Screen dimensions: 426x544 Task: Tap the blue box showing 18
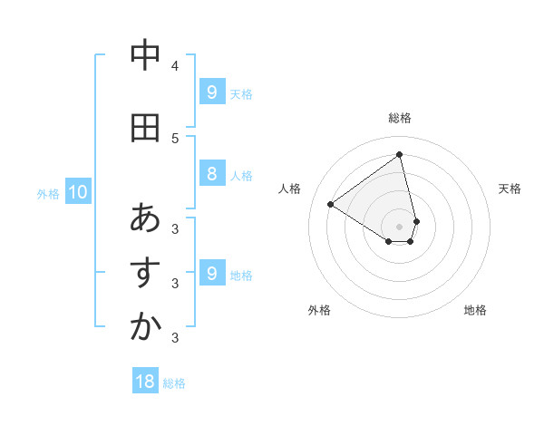pyautogui.click(x=145, y=382)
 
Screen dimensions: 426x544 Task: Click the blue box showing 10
pyautogui.click(x=77, y=191)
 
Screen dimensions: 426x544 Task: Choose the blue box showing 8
pyautogui.click(x=211, y=174)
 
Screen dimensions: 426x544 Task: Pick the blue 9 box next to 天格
pyautogui.click(x=211, y=92)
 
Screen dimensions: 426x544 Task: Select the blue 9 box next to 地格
pyautogui.click(x=211, y=274)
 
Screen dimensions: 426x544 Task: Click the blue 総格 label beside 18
pyautogui.click(x=174, y=383)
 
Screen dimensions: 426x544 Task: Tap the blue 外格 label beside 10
pyautogui.click(x=48, y=193)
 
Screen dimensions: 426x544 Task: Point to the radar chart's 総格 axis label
pyautogui.click(x=400, y=118)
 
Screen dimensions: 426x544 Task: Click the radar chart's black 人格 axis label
pyautogui.click(x=291, y=189)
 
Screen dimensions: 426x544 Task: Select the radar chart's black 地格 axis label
pyautogui.click(x=475, y=310)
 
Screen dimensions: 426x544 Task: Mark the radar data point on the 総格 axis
pyautogui.click(x=400, y=154)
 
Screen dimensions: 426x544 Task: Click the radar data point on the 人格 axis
pyautogui.click(x=331, y=204)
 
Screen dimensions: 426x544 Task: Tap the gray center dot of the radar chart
pyautogui.click(x=400, y=226)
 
